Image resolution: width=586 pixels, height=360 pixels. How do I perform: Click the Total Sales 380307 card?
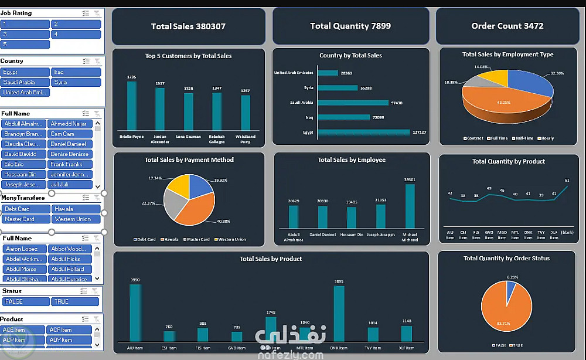click(188, 26)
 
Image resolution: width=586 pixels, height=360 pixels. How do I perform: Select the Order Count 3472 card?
click(507, 26)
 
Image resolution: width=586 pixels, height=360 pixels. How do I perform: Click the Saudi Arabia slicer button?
click(25, 82)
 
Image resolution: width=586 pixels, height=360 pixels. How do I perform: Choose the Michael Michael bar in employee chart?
click(410, 206)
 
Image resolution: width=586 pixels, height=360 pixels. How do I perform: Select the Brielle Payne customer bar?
click(131, 106)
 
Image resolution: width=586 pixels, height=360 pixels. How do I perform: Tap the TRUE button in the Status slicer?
click(76, 301)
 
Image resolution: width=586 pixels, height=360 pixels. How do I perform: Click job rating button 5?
click(25, 44)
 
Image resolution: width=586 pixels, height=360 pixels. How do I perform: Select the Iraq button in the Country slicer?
click(76, 72)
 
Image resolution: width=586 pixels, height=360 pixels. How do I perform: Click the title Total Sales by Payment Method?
click(189, 159)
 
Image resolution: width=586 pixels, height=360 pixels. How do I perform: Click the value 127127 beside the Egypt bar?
click(419, 132)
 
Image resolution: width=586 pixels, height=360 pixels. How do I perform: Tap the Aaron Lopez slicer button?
click(25, 249)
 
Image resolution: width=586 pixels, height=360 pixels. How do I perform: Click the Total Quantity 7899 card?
click(350, 26)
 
